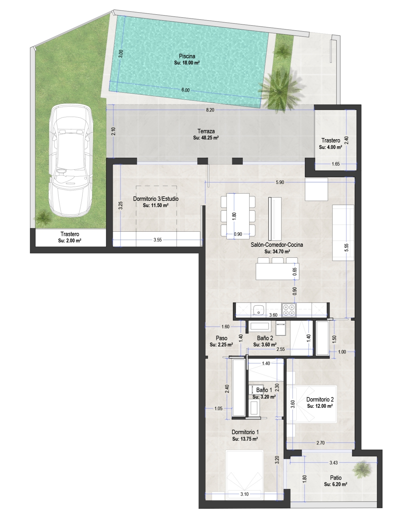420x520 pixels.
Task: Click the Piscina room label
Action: (187, 56)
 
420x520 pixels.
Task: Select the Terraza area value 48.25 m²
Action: (206, 138)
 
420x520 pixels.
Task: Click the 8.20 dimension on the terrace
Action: (210, 110)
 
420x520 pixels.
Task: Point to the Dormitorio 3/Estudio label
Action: (156, 199)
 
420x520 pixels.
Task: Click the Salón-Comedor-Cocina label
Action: (277, 245)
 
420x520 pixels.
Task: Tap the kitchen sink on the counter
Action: (259, 310)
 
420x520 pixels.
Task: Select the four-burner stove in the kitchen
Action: (289, 310)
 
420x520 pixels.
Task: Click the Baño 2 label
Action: (265, 338)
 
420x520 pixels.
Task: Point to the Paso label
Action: (222, 338)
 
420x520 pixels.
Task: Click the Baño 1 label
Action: (264, 390)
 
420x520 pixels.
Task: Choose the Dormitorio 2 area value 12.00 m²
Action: (320, 406)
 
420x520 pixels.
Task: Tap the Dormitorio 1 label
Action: (245, 432)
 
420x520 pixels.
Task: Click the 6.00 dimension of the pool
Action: (185, 90)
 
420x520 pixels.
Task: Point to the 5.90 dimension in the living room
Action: (280, 182)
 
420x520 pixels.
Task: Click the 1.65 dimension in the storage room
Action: (336, 164)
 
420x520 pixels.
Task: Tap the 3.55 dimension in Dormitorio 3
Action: (158, 240)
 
